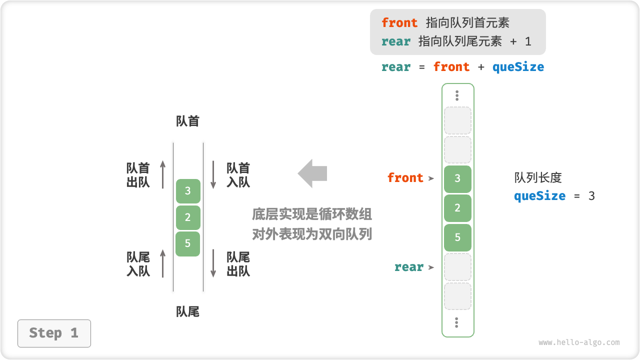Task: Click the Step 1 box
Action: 54,333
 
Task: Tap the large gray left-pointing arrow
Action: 312,173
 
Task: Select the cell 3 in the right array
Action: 457,178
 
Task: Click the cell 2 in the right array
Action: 457,208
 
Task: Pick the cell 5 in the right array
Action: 457,237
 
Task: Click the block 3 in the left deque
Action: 188,190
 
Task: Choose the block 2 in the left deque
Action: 188,217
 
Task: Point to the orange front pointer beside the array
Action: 405,178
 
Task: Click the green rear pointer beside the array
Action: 409,267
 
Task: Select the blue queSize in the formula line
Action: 518,67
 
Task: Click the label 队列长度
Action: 538,177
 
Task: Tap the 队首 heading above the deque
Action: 188,121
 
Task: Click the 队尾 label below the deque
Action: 188,312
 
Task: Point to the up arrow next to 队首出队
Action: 163,174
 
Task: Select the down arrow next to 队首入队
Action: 213,174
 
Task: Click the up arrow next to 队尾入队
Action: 163,263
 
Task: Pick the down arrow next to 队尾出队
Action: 213,263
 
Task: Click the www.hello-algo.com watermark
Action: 579,343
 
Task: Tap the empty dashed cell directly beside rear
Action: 457,267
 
